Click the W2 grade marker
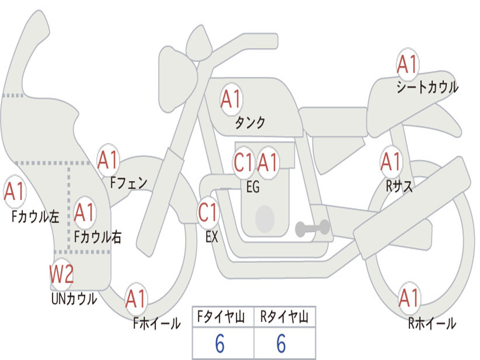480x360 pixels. (61, 273)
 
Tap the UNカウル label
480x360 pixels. (74, 299)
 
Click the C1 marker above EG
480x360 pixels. (244, 162)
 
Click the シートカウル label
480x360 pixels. (427, 87)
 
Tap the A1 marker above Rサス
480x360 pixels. (391, 161)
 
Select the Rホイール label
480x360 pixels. (432, 323)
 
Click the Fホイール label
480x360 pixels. (157, 323)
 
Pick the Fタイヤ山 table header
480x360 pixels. (221, 316)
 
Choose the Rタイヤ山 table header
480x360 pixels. (285, 316)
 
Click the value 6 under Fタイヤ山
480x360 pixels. (220, 344)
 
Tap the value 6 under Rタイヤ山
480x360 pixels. (281, 344)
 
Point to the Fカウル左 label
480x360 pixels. (35, 216)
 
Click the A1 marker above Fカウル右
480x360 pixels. (84, 212)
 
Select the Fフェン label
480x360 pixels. (128, 183)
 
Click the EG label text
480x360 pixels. (253, 187)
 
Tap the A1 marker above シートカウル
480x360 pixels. (407, 64)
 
